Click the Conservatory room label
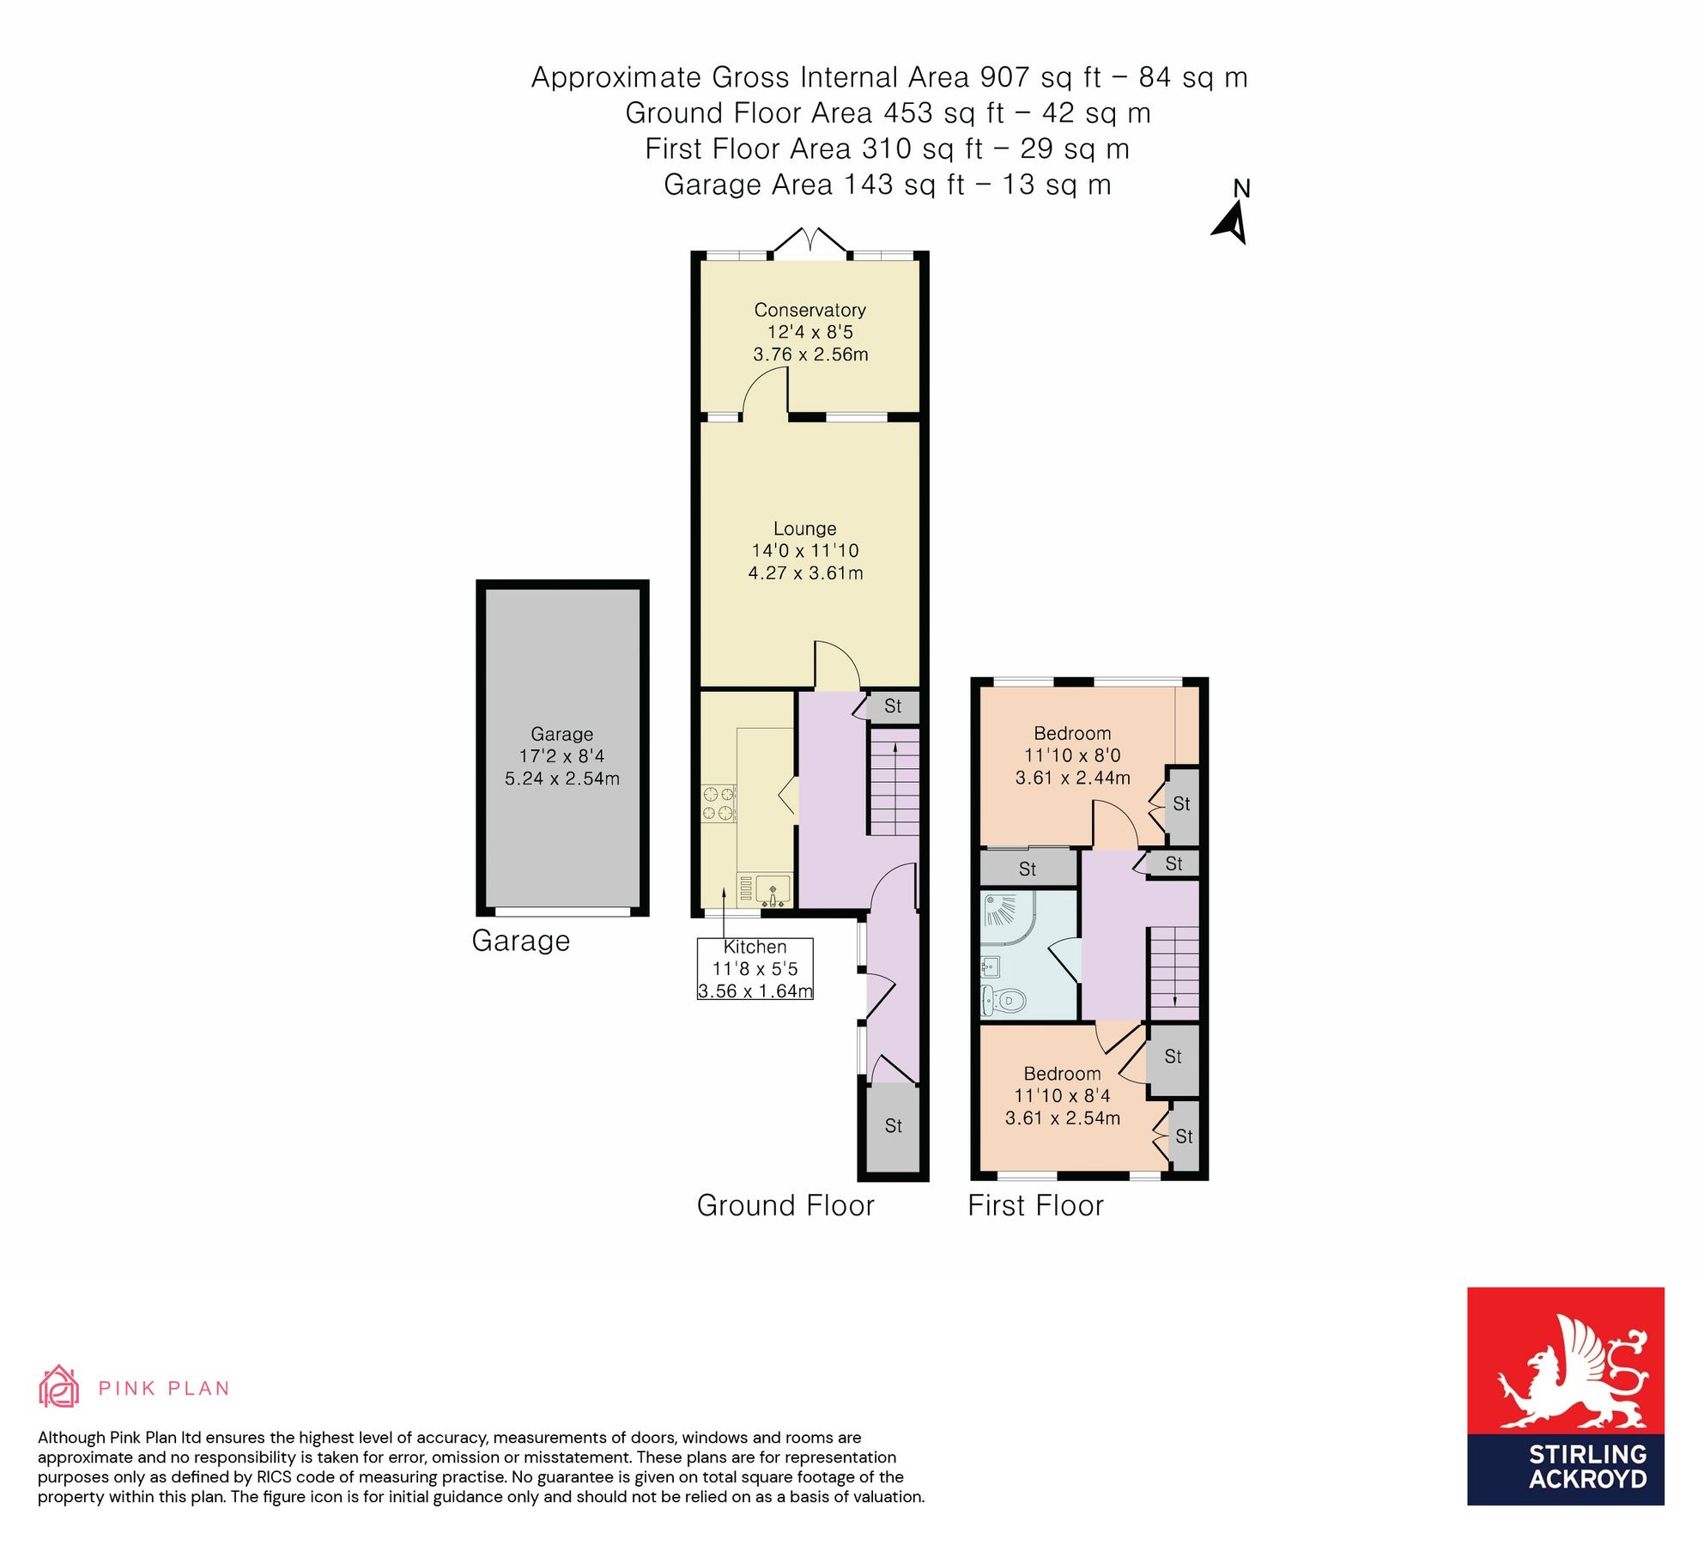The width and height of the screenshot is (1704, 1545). coord(810,310)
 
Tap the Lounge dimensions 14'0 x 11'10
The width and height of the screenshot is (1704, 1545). coord(804,551)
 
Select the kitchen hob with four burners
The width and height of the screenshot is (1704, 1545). coord(719,803)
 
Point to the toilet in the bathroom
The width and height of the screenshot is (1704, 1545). coord(1004,999)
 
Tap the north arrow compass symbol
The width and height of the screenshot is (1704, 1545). coord(1232,222)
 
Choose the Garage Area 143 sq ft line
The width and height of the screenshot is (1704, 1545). coord(887,185)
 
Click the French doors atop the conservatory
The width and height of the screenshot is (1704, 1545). coord(810,241)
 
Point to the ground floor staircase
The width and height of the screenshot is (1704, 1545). coord(894,782)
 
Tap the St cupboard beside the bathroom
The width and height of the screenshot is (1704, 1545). coord(1028,869)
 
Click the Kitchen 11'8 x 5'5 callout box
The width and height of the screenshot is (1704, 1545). coord(755,969)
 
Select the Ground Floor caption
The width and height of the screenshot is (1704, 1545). coord(785,1206)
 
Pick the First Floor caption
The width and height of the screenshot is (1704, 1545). coord(1035,1206)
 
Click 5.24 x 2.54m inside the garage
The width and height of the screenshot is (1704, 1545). coord(561,779)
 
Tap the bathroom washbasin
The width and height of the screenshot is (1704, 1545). coord(990,967)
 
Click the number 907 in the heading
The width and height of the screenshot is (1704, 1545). coord(1004,77)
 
